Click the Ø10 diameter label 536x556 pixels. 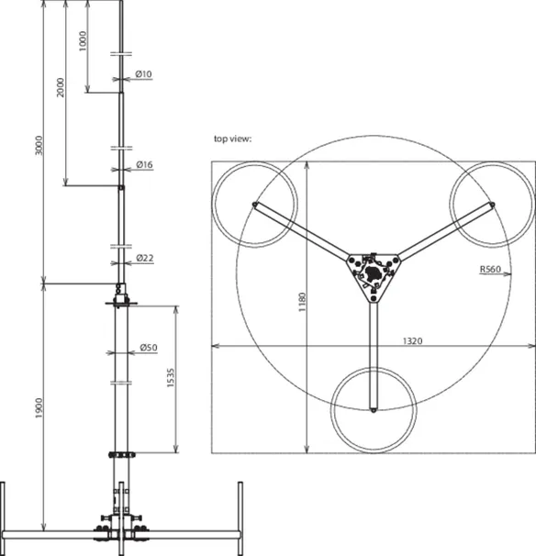point(143,74)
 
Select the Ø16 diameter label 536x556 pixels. point(144,164)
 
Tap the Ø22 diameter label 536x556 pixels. point(145,258)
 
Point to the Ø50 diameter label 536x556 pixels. point(149,348)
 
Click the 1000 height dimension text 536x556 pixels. point(83,41)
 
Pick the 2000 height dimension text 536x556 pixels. point(61,87)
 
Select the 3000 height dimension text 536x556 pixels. point(39,145)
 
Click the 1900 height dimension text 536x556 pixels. point(39,408)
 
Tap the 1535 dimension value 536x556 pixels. point(171,378)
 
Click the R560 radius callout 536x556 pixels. point(490,269)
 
